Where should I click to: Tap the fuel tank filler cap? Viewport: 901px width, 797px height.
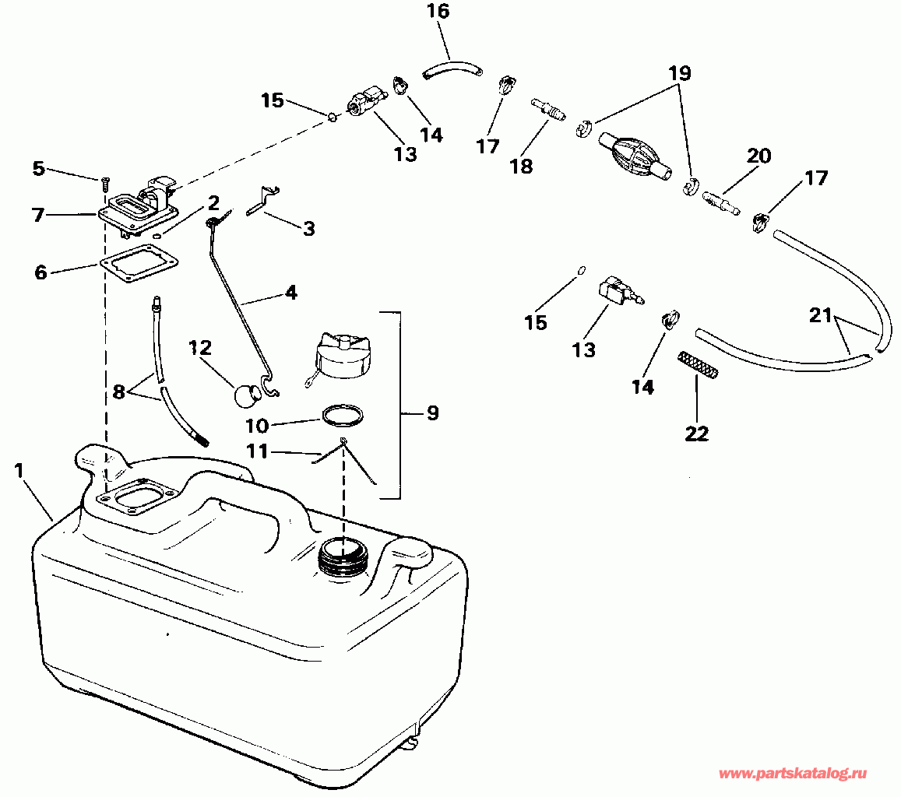342,356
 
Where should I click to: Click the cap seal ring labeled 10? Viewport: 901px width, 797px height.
342,415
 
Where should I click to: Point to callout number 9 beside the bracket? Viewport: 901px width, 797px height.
431,413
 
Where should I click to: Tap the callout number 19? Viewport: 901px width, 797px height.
678,73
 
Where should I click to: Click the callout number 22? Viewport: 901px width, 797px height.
697,434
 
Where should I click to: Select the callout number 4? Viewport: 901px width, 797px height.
290,293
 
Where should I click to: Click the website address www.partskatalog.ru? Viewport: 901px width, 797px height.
791,774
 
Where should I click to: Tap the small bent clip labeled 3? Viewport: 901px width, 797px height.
264,200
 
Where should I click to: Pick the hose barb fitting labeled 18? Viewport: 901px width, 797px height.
548,109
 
